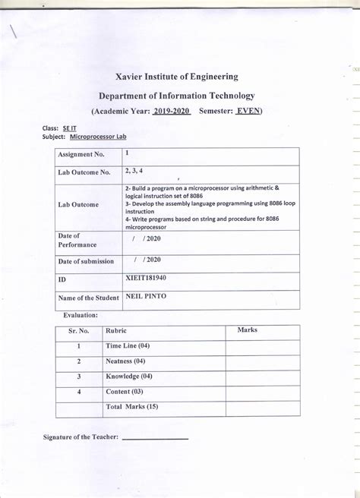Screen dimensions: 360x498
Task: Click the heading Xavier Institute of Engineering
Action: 177,77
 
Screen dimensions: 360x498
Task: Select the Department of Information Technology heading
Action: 177,96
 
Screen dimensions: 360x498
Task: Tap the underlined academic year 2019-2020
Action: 170,111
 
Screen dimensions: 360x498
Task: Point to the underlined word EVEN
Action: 247,111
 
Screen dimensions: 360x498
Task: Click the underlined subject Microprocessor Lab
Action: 98,137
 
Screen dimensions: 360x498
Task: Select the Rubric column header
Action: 116,331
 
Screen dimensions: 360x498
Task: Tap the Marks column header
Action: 248,331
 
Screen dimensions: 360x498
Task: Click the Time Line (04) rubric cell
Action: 128,346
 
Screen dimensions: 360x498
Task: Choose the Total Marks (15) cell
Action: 132,407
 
